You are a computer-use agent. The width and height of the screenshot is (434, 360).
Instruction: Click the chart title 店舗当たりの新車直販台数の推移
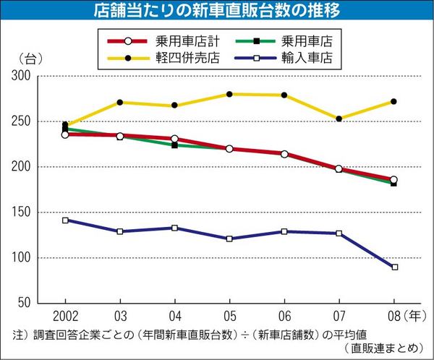point(217,11)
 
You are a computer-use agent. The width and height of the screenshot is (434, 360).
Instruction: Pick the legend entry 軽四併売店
point(178,58)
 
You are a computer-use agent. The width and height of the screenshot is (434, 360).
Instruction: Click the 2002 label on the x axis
point(65,316)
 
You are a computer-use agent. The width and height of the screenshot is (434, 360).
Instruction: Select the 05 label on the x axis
point(229,316)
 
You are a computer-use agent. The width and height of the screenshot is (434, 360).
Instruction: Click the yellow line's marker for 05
point(229,94)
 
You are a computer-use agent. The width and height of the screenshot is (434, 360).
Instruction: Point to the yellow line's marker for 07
point(339,119)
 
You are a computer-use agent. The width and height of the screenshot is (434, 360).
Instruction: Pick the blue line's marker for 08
point(394,267)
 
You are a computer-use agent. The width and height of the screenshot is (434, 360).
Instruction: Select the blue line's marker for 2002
point(65,220)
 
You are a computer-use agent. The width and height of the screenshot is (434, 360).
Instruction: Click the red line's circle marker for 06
point(284,154)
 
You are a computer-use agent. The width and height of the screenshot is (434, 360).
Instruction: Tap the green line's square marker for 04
point(174,145)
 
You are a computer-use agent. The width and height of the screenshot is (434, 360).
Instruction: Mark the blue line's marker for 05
point(229,239)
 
